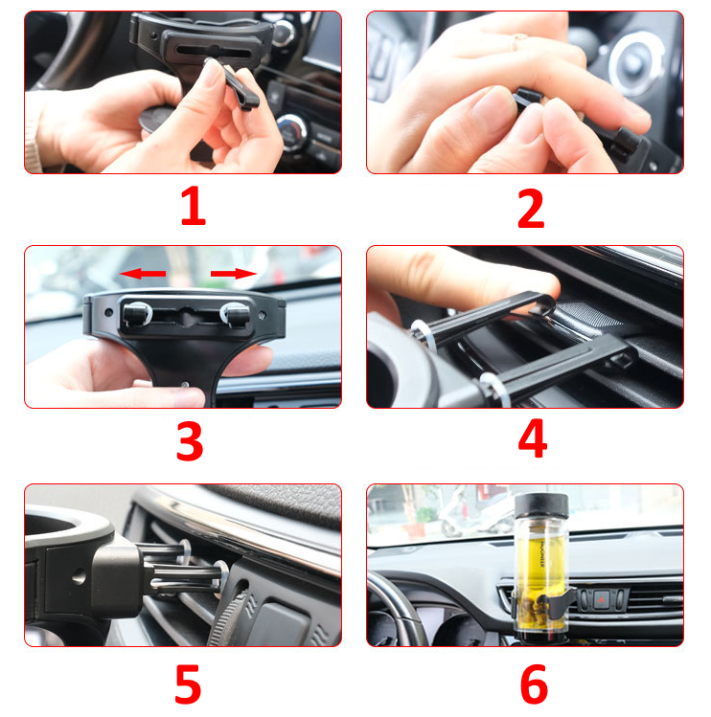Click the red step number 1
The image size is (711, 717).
click(x=193, y=206)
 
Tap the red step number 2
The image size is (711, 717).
click(x=531, y=209)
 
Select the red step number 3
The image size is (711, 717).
click(x=190, y=441)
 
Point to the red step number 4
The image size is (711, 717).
click(x=533, y=438)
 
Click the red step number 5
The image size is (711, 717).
click(x=188, y=684)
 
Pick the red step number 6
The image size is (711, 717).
click(x=534, y=684)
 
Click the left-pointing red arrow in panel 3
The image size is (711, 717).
click(x=143, y=274)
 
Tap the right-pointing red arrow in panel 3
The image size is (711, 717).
click(x=234, y=274)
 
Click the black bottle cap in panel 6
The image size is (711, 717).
click(x=541, y=504)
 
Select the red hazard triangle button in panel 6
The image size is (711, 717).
click(x=602, y=599)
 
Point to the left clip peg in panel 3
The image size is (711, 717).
click(x=136, y=314)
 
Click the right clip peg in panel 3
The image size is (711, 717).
click(x=236, y=314)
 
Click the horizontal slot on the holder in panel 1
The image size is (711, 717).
click(x=214, y=52)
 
